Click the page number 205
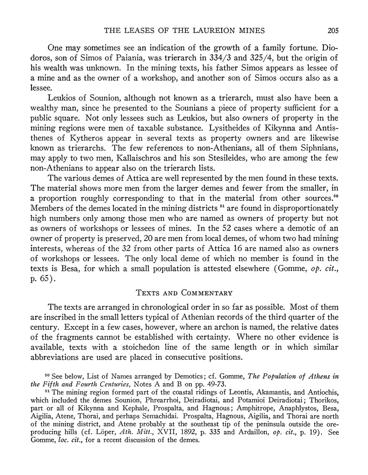[x=333, y=31]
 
